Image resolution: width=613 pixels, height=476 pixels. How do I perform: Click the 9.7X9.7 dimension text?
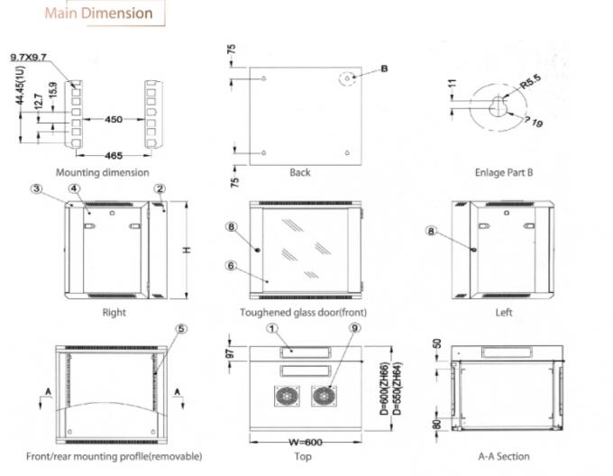[x=29, y=57]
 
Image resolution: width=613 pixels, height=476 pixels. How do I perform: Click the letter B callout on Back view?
[x=383, y=68]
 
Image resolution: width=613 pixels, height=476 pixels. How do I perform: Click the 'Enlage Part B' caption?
[x=504, y=172]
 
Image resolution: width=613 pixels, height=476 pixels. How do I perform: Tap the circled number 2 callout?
[x=159, y=188]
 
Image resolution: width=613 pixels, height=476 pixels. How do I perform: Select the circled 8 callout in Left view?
[x=431, y=232]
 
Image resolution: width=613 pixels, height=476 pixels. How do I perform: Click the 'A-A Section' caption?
[x=504, y=456]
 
